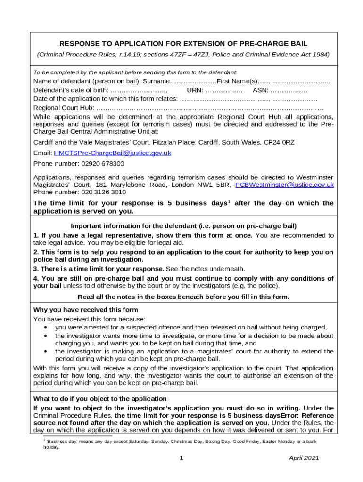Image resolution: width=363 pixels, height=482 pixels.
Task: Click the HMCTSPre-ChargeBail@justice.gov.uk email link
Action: click(113, 153)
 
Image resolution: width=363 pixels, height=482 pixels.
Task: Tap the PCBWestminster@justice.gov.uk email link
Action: click(284, 185)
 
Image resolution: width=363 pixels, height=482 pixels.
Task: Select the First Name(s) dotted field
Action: click(294, 82)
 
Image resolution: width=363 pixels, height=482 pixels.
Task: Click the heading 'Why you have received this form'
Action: click(86, 310)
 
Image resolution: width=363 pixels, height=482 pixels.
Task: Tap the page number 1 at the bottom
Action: click(181, 458)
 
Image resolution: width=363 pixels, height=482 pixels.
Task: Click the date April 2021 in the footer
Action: click(304, 458)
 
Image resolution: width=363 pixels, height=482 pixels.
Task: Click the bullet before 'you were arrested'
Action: click(45, 328)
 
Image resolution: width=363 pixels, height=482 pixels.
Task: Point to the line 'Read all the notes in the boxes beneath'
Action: click(183, 297)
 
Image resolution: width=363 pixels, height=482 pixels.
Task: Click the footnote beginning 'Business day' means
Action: click(179, 444)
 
